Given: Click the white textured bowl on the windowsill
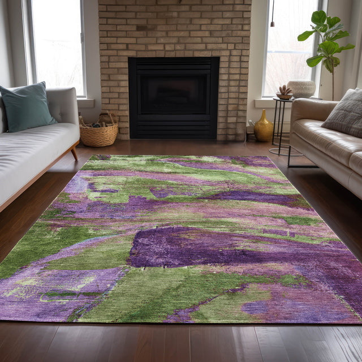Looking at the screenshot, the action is point(301,89).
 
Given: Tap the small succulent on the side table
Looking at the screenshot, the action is point(285,90).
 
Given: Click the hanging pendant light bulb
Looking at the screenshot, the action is point(272,24).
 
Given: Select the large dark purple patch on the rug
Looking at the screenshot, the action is point(187,246).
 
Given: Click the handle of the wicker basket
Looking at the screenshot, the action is point(107,117).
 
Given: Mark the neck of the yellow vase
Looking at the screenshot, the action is point(264,113).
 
